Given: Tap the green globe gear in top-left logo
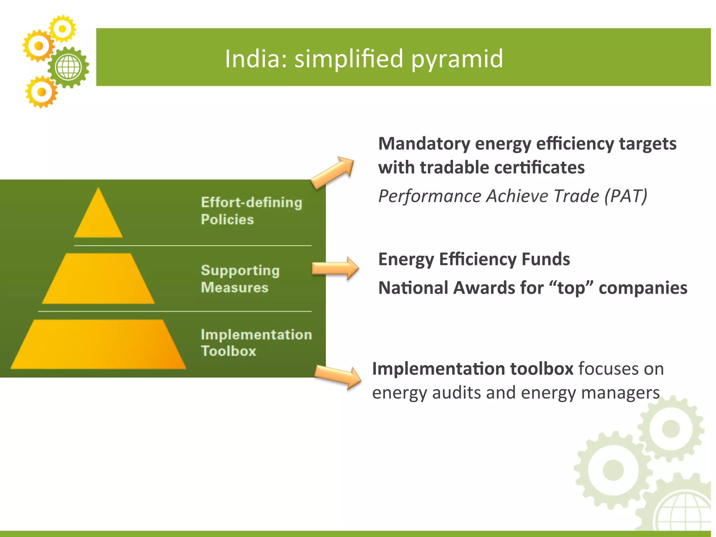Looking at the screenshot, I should tap(69, 67).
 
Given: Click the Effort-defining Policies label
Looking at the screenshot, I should tap(251, 211).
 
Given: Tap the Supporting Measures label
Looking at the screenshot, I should tap(240, 279).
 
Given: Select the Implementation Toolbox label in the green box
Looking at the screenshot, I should tap(256, 343).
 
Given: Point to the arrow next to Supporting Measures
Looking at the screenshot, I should tap(335, 268).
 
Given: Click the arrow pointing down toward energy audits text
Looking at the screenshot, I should tap(338, 377).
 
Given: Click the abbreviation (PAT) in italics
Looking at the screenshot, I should tap(626, 196).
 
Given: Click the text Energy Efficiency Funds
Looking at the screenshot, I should tap(474, 259).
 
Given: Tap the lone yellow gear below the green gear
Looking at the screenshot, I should tap(42, 92).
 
